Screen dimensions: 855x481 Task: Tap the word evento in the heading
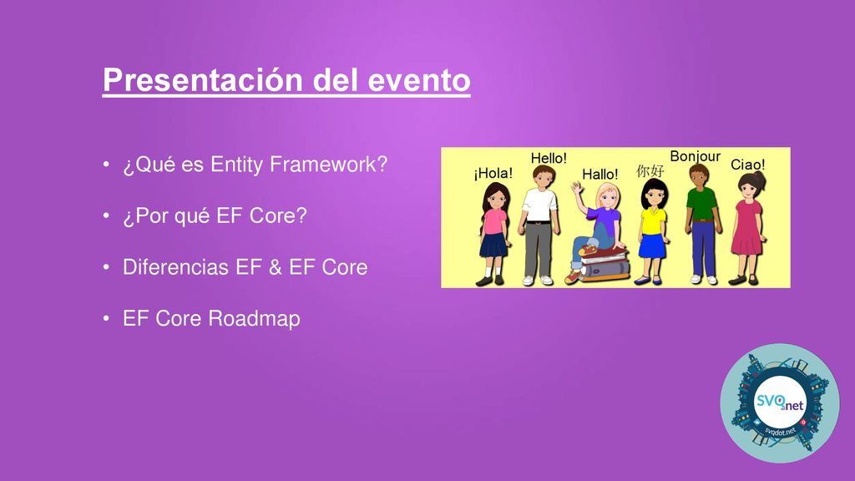pyautogui.click(x=419, y=81)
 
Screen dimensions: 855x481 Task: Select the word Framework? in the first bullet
pyautogui.click(x=328, y=165)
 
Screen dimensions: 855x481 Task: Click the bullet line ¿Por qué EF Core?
pyautogui.click(x=215, y=216)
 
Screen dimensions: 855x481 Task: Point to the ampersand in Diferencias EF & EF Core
pyautogui.click(x=275, y=267)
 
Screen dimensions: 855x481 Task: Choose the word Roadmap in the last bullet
pyautogui.click(x=254, y=319)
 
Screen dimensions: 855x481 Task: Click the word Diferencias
pyautogui.click(x=175, y=267)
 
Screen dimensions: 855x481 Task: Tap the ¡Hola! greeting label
pyautogui.click(x=493, y=174)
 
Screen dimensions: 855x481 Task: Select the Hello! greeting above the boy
pyautogui.click(x=549, y=158)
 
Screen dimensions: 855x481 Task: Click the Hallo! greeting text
pyautogui.click(x=600, y=174)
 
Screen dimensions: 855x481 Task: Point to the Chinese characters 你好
pyautogui.click(x=650, y=171)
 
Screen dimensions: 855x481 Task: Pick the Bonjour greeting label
pyautogui.click(x=696, y=156)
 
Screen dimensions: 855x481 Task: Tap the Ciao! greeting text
pyautogui.click(x=747, y=165)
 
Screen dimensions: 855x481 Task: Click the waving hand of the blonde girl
pyautogui.click(x=576, y=189)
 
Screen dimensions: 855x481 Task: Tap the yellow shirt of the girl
pyautogui.click(x=653, y=220)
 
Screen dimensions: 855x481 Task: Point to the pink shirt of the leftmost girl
pyautogui.click(x=494, y=220)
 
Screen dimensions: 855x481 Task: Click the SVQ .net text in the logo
pyautogui.click(x=780, y=403)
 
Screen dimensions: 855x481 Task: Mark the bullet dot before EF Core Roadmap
pyautogui.click(x=106, y=318)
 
